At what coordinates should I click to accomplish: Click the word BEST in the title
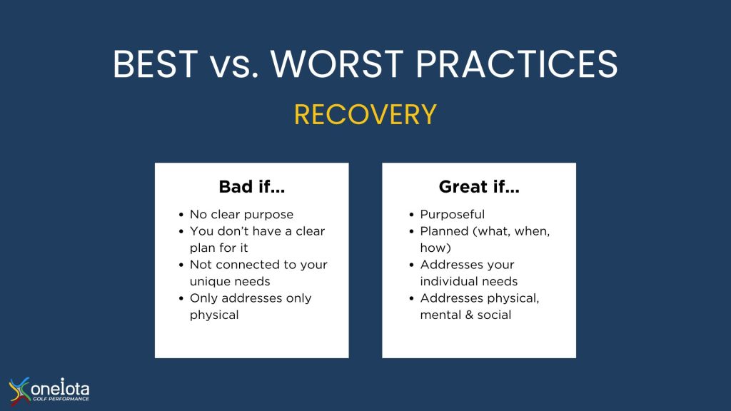point(155,64)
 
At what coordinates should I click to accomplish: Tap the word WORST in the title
point(337,64)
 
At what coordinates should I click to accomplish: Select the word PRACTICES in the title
point(517,64)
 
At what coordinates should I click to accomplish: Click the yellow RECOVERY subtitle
point(365,115)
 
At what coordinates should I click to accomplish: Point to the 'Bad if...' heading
point(252,187)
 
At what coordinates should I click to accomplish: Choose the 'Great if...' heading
point(479,187)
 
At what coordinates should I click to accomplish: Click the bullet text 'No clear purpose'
point(241,214)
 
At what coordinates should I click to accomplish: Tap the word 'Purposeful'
point(452,214)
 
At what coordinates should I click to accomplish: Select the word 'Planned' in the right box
point(444,231)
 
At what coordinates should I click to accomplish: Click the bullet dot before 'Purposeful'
point(411,215)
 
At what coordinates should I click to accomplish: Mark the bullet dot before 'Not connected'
point(181,265)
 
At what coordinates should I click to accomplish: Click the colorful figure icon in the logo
point(19,390)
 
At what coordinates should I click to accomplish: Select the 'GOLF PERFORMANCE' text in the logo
point(61,399)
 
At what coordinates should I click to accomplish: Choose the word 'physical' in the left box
point(214,315)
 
